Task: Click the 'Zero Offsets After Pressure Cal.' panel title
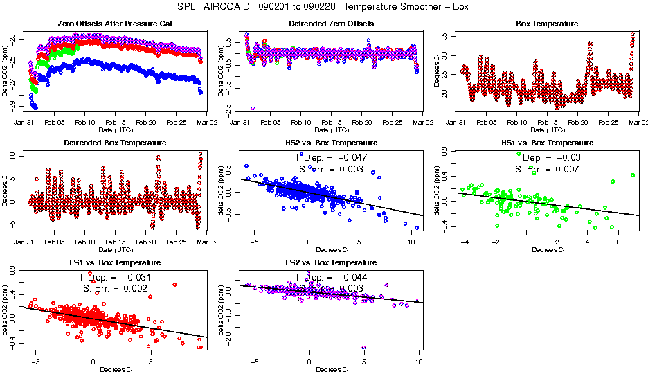115,24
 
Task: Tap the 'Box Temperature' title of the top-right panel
547,24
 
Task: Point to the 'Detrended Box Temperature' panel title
115,143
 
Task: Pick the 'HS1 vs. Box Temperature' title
547,143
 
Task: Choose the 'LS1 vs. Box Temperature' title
115,263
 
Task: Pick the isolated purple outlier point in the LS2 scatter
363,348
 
